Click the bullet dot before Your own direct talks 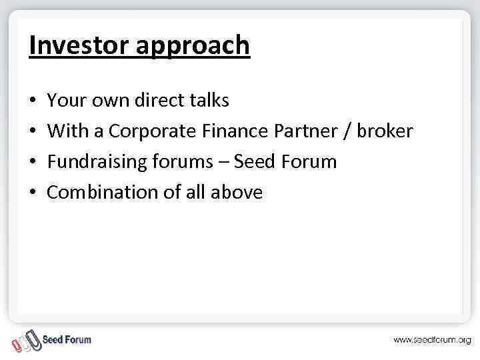tap(33, 101)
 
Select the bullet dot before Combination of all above tap(33, 193)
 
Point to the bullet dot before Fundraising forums tap(33, 162)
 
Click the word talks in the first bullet tap(207, 100)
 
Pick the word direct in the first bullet tap(158, 100)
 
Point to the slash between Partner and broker tap(347, 131)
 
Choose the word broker tap(385, 131)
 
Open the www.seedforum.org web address tap(431, 340)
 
